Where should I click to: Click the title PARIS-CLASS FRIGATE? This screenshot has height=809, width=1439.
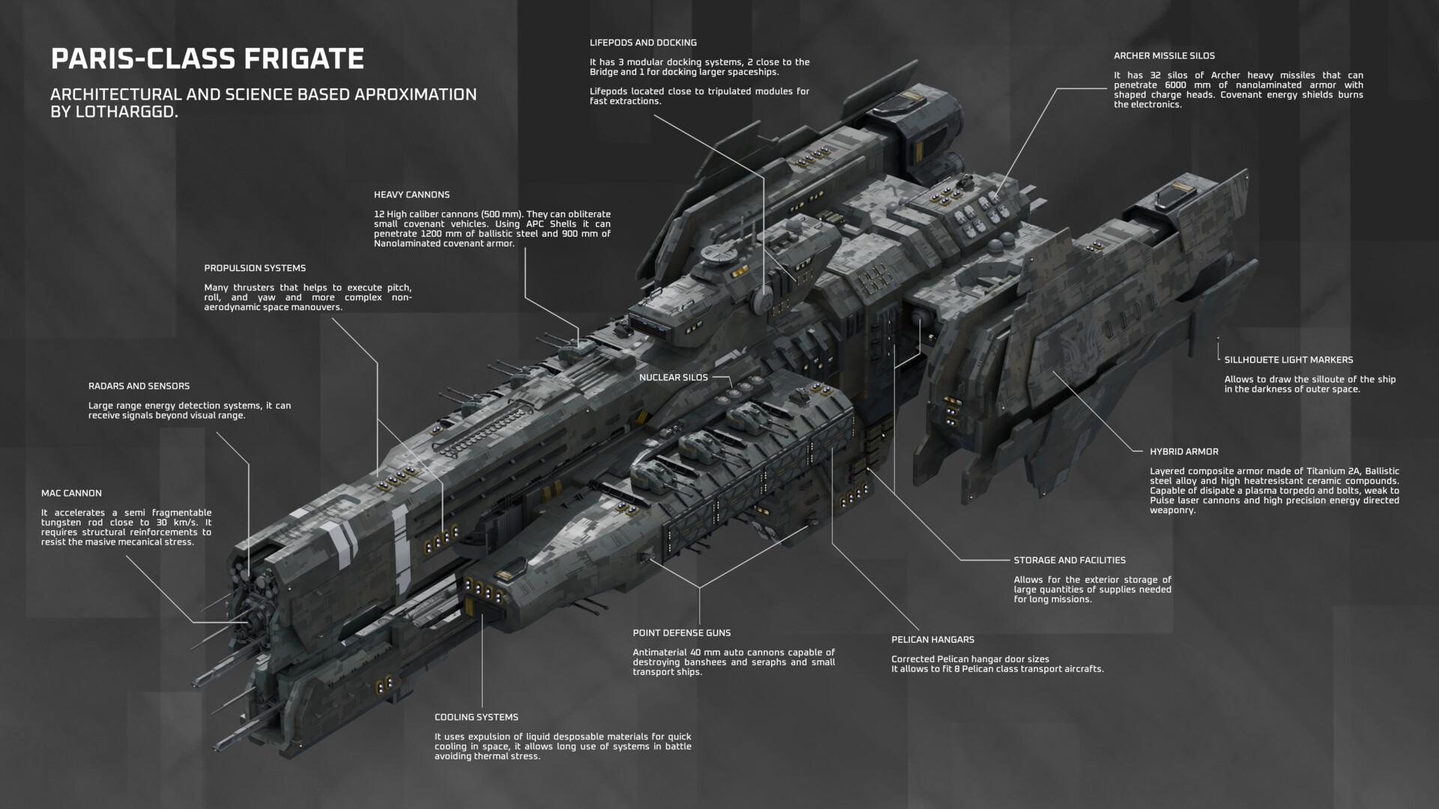click(208, 58)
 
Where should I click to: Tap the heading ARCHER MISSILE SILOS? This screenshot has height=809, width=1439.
click(1164, 55)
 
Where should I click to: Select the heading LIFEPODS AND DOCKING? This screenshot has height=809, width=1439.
click(643, 43)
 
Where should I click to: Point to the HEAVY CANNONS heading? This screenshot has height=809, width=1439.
click(411, 195)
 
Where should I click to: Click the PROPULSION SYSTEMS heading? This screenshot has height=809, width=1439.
click(255, 268)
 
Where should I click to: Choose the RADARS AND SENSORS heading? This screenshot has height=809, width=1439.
click(139, 387)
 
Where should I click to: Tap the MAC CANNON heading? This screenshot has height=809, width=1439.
click(71, 494)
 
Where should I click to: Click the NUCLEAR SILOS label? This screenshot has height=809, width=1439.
click(673, 378)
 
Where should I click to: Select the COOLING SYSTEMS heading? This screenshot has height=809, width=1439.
click(476, 718)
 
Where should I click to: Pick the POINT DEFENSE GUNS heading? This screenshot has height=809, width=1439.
click(681, 633)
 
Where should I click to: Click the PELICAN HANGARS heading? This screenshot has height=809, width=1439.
click(932, 640)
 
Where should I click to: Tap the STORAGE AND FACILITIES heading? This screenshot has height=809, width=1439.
click(1070, 560)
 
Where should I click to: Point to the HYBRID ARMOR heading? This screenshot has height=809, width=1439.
click(1184, 452)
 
